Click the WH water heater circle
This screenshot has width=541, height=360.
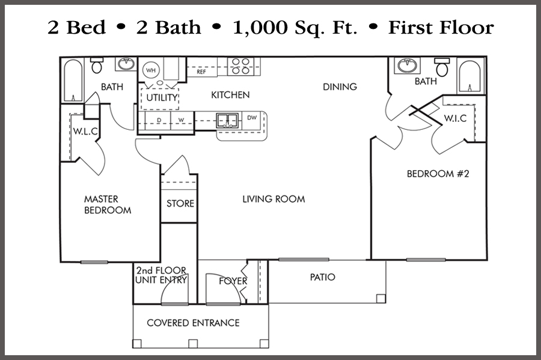coord(151,70)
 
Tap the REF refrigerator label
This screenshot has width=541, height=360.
coord(201,72)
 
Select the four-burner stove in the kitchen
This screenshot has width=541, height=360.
coord(240,66)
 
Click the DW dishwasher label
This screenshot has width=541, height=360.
coord(252,118)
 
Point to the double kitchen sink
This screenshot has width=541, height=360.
coord(227,121)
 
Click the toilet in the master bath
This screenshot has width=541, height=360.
coord(97,65)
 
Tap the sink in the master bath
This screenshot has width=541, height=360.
coord(126,64)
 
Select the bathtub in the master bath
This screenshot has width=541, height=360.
coord(73,81)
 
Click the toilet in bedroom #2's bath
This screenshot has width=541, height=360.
coord(442,67)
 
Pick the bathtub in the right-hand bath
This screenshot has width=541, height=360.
coord(469,76)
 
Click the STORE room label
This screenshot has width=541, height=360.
coord(180,204)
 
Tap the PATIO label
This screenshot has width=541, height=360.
coord(323,277)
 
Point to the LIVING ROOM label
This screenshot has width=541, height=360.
coord(274,199)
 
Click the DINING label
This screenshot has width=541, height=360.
coord(340,87)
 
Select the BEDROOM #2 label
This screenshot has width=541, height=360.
coord(438,174)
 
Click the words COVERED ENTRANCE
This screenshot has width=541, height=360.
coord(193,323)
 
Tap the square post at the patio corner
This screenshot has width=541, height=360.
coord(381,298)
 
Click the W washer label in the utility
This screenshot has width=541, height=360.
coord(181,120)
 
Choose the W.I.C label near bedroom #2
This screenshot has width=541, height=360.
coord(455,118)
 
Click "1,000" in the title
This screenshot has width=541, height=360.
coord(260,28)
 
